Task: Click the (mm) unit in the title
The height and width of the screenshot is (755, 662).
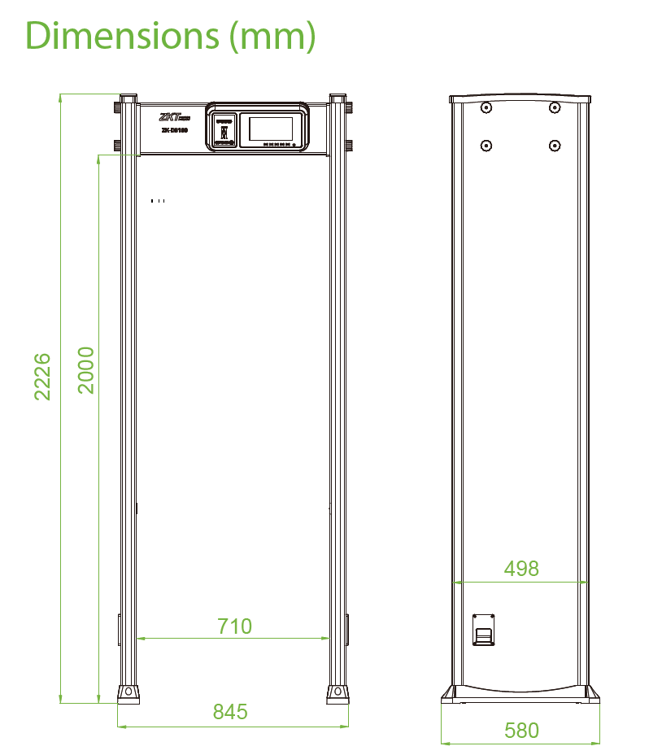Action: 271,36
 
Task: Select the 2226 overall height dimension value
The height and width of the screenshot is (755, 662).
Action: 42,376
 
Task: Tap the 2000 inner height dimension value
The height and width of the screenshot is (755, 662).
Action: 86,370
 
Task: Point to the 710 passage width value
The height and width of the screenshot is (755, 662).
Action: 234,626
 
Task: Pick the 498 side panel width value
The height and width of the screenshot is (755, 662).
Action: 520,568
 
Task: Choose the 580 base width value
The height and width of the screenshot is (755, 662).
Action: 520,730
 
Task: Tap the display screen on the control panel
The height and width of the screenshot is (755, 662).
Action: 270,129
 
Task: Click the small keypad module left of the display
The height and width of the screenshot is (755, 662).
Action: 224,131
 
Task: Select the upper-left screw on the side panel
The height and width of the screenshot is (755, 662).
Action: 486,108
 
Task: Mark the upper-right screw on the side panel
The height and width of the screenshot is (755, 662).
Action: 554,108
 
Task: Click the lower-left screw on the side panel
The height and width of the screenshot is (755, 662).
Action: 486,146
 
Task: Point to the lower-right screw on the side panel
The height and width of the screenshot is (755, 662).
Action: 554,146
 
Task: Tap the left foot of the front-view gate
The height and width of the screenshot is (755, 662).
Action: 128,692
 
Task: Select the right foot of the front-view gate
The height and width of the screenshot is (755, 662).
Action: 338,692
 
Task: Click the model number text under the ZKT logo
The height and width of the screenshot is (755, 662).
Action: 173,129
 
